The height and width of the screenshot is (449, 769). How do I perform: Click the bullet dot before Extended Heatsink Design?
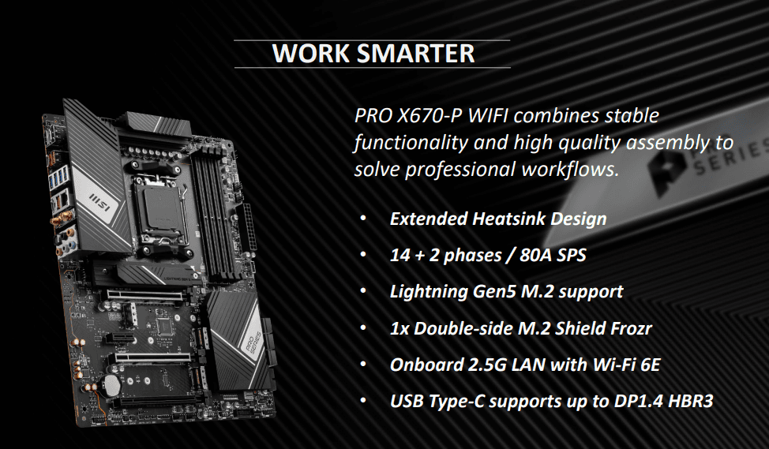[x=362, y=219]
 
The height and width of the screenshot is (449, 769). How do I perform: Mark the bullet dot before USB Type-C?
[x=362, y=401]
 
